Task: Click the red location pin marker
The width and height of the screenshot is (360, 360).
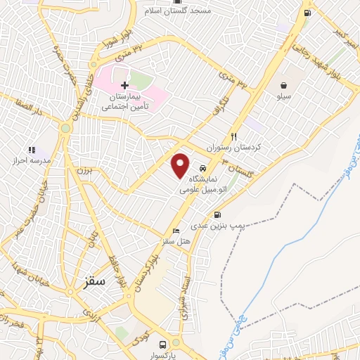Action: (181, 165)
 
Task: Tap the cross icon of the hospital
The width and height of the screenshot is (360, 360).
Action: (125, 85)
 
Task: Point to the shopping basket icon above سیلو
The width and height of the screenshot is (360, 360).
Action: (283, 85)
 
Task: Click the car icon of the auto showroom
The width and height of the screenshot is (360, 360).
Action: (202, 169)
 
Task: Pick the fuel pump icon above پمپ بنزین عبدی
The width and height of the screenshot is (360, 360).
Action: (217, 215)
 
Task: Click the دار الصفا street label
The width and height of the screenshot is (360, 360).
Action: (22, 110)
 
